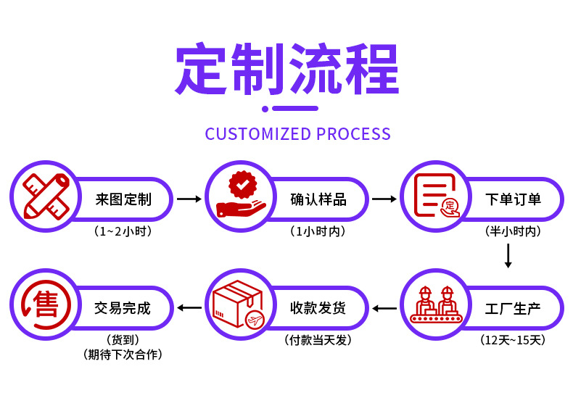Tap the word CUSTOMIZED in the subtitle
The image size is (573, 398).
click(x=257, y=134)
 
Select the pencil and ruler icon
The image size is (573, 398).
click(x=46, y=196)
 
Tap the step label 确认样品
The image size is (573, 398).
click(x=318, y=199)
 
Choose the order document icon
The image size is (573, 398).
click(x=436, y=196)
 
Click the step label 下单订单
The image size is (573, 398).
click(x=514, y=199)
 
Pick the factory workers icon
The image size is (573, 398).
click(x=436, y=305)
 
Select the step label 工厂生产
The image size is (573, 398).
click(x=514, y=308)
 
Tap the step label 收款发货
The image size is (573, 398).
click(x=318, y=308)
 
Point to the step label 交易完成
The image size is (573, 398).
click(x=123, y=308)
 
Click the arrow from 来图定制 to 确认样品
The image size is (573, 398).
click(x=189, y=199)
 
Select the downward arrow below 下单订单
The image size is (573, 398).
click(x=508, y=256)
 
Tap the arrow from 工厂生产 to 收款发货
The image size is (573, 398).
click(x=384, y=308)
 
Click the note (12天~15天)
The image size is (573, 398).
click(x=513, y=339)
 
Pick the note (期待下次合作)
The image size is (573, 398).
click(x=123, y=355)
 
